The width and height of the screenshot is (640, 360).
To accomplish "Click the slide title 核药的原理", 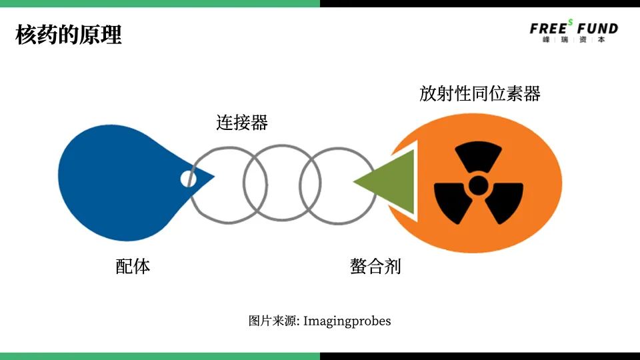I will tap(68, 35).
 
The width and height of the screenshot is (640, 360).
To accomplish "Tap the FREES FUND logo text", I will tap(573, 29).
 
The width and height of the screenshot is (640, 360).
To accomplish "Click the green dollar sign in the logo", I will tap(571, 22).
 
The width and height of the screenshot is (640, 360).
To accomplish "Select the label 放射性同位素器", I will tap(479, 93).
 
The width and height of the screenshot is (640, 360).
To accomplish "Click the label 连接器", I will tap(241, 123).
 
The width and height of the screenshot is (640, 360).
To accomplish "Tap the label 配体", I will tap(133, 267).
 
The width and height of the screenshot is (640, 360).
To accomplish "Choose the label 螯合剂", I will tap(375, 267).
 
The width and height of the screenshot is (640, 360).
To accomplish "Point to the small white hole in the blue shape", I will tap(187, 179).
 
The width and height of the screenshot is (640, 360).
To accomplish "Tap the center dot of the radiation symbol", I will tap(479, 185).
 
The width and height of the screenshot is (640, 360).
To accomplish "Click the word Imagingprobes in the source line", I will tap(347, 321).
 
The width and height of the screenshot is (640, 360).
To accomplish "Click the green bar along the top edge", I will tap(160, 3).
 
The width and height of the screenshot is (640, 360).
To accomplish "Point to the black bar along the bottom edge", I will tap(480, 356).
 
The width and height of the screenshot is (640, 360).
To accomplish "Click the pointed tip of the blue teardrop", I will tap(212, 177).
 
